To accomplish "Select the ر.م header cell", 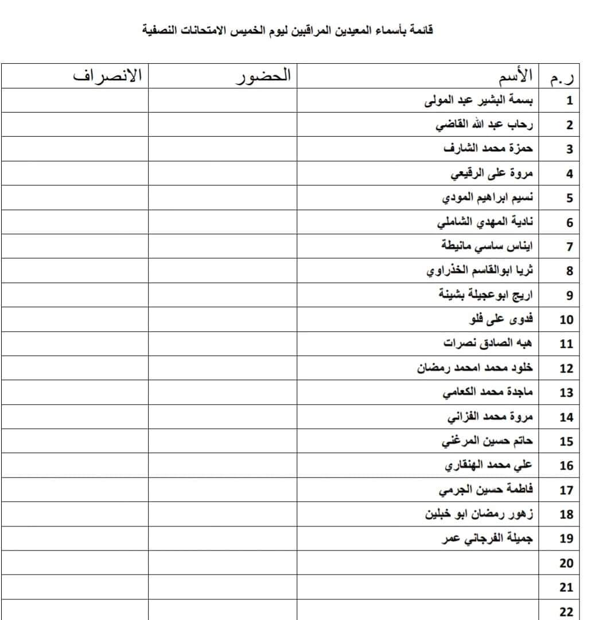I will click(x=563, y=76).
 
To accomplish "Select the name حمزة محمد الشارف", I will click(x=488, y=149).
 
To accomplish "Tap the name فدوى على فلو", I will click(x=501, y=319).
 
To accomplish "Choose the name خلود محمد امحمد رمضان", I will click(x=475, y=368).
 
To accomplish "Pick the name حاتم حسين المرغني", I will click(x=487, y=441).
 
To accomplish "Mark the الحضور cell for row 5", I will click(x=223, y=198).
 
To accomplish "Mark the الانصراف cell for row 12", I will click(x=75, y=368).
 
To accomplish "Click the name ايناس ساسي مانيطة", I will click(x=487, y=246).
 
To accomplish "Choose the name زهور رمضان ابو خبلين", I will click(x=479, y=514).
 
